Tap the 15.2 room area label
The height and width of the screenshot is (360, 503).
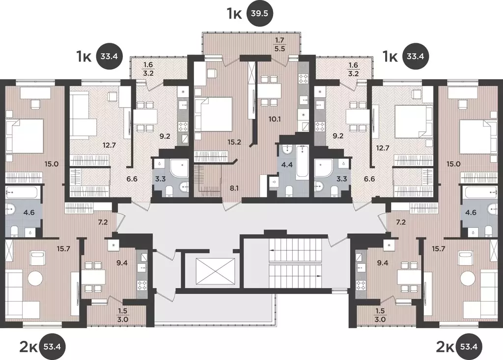tap(234, 142)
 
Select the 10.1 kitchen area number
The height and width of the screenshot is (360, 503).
tap(275, 119)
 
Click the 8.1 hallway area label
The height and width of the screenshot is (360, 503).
tap(234, 188)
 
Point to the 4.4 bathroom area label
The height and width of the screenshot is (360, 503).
tap(287, 165)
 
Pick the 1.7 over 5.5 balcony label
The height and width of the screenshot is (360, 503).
tap(279, 44)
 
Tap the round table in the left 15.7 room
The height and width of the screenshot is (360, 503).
tap(35, 278)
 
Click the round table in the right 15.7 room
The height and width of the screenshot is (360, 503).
tap(468, 278)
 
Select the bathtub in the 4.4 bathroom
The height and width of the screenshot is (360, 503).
tap(302, 162)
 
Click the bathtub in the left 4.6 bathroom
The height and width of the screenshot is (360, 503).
tap(21, 193)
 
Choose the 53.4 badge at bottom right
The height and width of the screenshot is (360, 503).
tap(469, 347)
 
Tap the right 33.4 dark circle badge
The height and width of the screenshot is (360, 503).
tap(416, 56)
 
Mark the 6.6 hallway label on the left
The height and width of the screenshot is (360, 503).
tap(132, 179)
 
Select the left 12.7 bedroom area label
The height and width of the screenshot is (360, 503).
tap(109, 145)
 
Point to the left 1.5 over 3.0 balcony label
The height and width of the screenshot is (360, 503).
tap(123, 316)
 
